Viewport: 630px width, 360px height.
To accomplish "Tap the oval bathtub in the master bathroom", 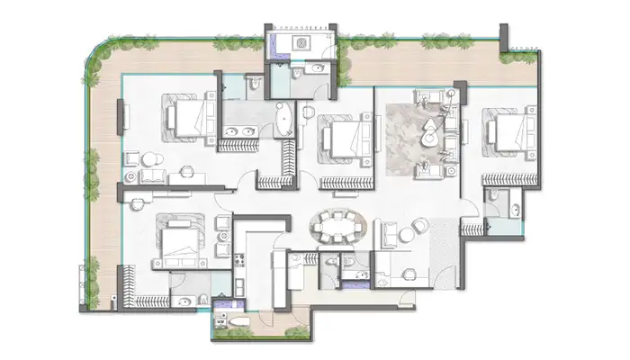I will (285, 121).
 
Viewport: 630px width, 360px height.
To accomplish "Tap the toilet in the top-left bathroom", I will (254, 86).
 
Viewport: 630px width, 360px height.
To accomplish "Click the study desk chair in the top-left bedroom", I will (151, 160).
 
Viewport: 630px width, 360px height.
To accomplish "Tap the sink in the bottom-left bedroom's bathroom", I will (181, 301).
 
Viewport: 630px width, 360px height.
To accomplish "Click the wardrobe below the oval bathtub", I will (289, 162).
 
